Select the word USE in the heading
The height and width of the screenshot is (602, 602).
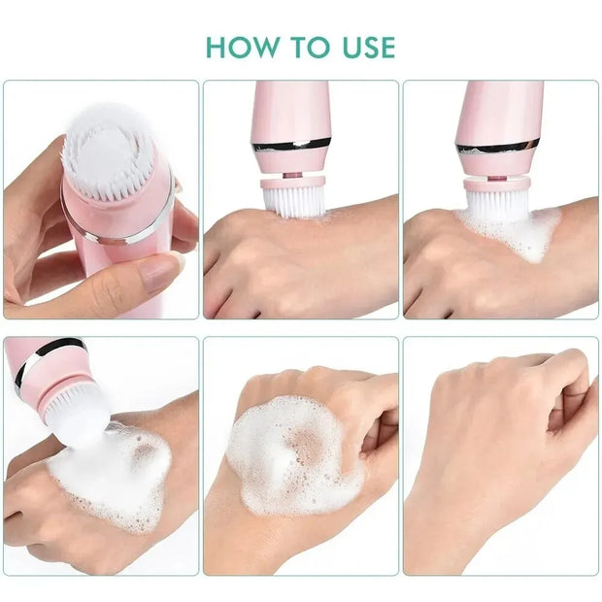pos(366,47)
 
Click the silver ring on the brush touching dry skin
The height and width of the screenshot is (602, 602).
pos(292,146)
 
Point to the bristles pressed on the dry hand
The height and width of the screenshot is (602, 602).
pos(293,201)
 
